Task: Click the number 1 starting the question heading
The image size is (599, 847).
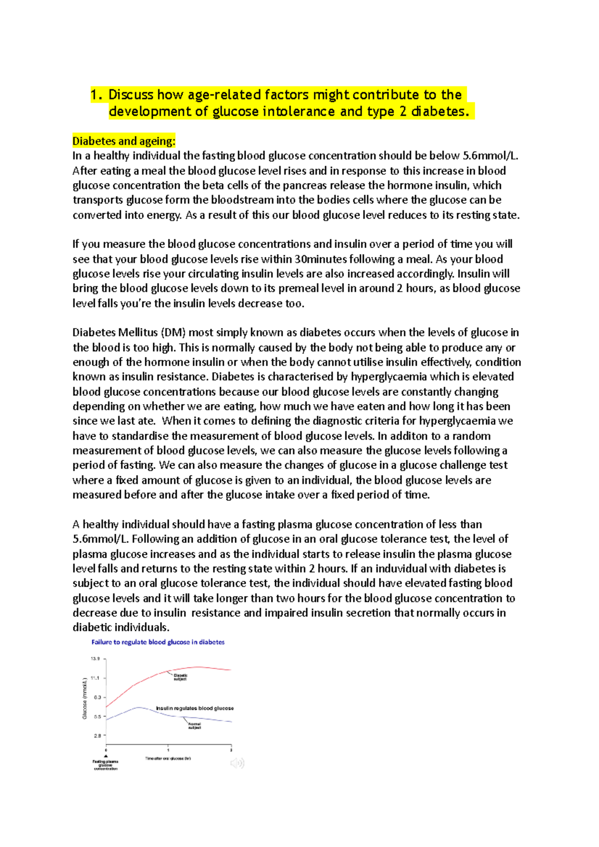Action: click(x=93, y=95)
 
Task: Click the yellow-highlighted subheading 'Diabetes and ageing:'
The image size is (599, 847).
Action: click(x=124, y=141)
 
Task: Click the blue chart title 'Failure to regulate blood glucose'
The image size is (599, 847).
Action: click(x=158, y=642)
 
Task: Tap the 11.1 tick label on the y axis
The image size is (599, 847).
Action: click(x=95, y=678)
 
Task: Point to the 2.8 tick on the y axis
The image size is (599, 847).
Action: click(x=97, y=735)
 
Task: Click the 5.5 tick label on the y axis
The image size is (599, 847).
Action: click(x=97, y=716)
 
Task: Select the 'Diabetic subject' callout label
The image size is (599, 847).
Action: click(x=180, y=677)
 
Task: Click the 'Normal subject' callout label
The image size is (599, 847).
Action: click(x=194, y=726)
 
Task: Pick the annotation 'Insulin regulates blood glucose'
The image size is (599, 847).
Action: click(x=195, y=708)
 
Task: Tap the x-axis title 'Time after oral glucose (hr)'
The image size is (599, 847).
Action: click(x=168, y=758)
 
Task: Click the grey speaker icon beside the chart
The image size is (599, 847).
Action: click(x=237, y=763)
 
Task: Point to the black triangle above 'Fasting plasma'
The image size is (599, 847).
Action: click(x=106, y=756)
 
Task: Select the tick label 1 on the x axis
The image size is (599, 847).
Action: click(x=168, y=750)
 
